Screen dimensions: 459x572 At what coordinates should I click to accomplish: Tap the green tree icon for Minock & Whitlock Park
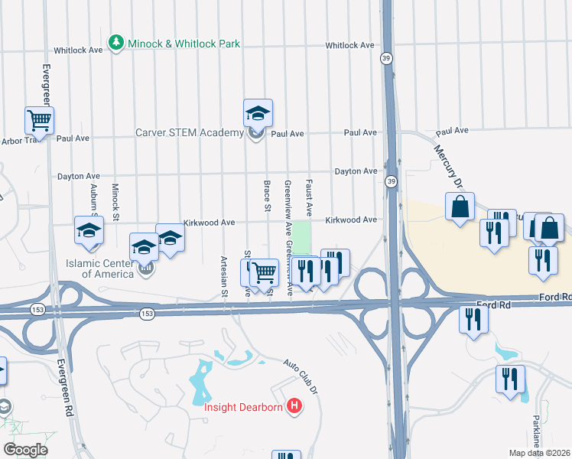tap(115, 43)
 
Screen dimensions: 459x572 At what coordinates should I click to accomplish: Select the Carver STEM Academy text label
tap(189, 133)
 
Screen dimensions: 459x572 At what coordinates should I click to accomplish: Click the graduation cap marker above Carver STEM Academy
tap(258, 114)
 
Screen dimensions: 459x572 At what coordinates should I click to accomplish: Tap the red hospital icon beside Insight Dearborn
tap(294, 405)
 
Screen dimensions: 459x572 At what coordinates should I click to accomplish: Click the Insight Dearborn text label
tap(243, 406)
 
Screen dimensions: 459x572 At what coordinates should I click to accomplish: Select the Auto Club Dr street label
tap(300, 373)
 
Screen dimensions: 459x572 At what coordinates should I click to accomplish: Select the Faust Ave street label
tap(309, 197)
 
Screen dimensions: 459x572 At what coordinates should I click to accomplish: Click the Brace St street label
tap(267, 197)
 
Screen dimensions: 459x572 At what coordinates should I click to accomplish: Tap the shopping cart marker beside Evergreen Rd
tap(39, 120)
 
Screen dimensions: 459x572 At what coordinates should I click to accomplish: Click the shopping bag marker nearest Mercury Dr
tap(460, 207)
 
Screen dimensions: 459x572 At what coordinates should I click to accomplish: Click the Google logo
tap(25, 450)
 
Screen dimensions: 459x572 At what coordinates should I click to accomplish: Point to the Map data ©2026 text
tap(540, 453)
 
